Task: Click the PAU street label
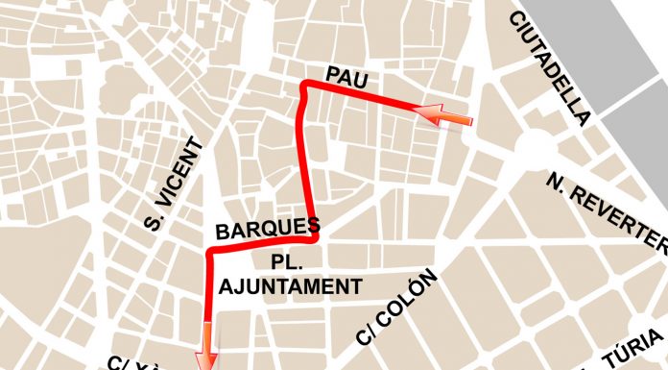point(347,76)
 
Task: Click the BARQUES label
point(267,230)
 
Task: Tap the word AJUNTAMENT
point(291,286)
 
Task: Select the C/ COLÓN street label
point(395,308)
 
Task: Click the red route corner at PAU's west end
point(306,87)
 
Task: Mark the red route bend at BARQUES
point(313,234)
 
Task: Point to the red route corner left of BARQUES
point(210,254)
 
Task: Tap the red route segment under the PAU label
point(365,97)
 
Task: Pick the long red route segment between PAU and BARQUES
point(307,163)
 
